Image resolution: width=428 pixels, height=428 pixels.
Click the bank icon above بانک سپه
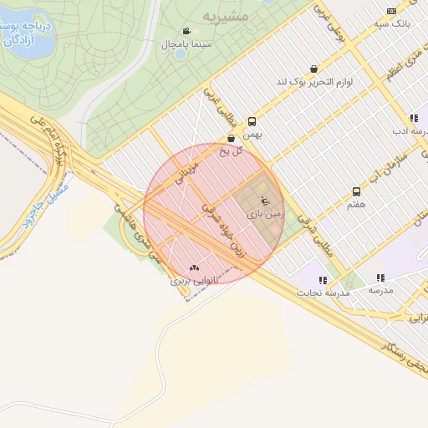392,11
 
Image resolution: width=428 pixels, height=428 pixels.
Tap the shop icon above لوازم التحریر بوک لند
313,69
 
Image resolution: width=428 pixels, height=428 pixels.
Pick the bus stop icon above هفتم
357,191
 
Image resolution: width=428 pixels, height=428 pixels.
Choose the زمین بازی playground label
265,214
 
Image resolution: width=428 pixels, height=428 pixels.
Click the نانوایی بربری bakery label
193,281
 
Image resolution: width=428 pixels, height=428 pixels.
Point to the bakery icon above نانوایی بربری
195,268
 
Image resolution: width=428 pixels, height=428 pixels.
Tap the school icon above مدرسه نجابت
323,280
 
